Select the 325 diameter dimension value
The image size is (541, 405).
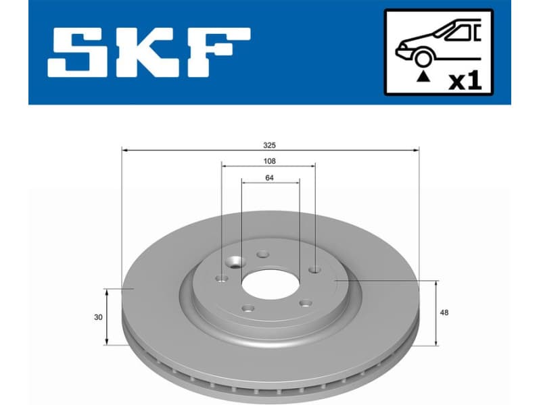(270, 144)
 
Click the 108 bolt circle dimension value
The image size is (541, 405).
(269, 161)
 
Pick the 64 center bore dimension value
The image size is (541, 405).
(269, 178)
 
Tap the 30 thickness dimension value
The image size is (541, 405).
(99, 317)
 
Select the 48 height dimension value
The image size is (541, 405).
(444, 313)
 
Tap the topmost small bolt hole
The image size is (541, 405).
(263, 255)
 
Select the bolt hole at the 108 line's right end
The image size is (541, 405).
(314, 269)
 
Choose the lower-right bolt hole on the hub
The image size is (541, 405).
(305, 303)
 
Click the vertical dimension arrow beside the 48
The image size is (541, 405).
(436, 313)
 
